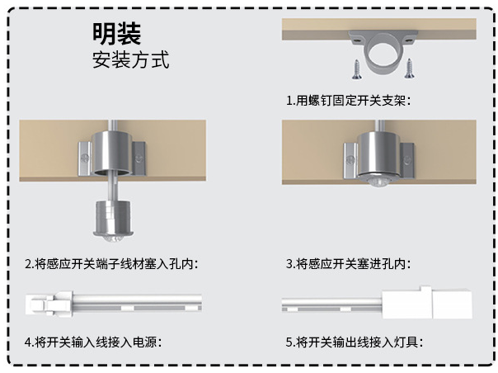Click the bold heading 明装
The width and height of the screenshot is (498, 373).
(x=116, y=33)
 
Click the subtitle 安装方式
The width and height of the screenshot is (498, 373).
(x=130, y=59)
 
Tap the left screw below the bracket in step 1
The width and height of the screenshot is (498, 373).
(x=356, y=69)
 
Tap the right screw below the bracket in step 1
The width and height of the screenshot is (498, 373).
(x=409, y=68)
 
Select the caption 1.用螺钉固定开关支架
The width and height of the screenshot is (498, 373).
(x=349, y=101)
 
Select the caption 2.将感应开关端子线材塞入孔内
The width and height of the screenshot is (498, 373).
(x=111, y=264)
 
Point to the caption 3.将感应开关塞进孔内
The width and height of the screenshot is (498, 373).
(x=348, y=264)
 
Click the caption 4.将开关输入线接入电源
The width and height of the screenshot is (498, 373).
(x=93, y=342)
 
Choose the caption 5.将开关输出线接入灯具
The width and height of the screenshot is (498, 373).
(x=355, y=342)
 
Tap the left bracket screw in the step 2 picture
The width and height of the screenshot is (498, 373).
(x=84, y=158)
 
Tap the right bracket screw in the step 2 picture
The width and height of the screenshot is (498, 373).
(x=139, y=158)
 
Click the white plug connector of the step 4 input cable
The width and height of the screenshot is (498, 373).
(x=49, y=304)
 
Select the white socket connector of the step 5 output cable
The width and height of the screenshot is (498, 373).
(x=427, y=302)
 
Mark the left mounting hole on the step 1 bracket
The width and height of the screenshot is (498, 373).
(x=356, y=41)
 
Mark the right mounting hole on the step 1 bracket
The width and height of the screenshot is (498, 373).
(x=409, y=40)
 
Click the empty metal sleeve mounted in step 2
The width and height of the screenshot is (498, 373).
(x=112, y=153)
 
